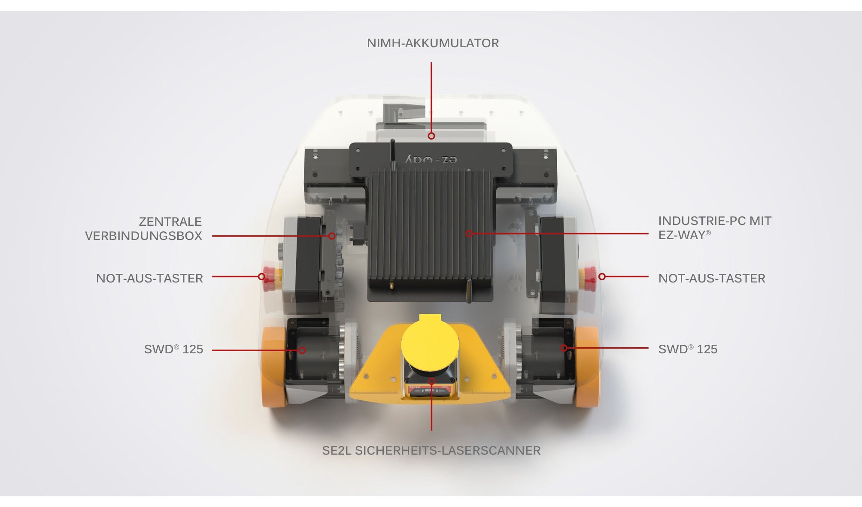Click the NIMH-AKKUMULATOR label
[433, 43]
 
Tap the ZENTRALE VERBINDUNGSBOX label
[143, 229]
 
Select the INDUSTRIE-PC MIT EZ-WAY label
[715, 228]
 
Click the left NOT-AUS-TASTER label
[149, 279]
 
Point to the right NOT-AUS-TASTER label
[712, 279]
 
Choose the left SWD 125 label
[173, 349]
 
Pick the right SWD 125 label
[688, 349]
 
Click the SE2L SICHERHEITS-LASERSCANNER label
[431, 451]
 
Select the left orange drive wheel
[274, 367]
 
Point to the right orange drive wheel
[587, 367]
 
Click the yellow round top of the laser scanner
[430, 343]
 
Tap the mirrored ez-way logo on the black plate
[431, 159]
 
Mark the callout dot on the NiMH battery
[431, 136]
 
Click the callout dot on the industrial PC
[469, 234]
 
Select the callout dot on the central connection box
[332, 236]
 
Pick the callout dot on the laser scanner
[431, 381]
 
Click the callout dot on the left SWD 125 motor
[302, 350]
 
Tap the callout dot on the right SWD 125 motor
[564, 348]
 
